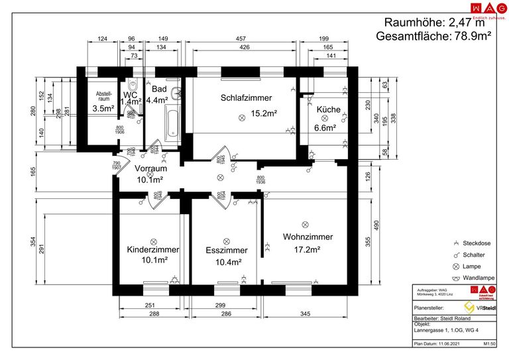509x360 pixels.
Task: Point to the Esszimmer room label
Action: pos(227,251)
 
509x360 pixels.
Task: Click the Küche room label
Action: pos(328,110)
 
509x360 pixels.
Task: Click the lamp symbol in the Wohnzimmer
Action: pos(305,224)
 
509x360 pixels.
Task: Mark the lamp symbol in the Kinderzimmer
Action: pos(153,241)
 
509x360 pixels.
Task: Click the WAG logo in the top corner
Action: pos(484,8)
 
